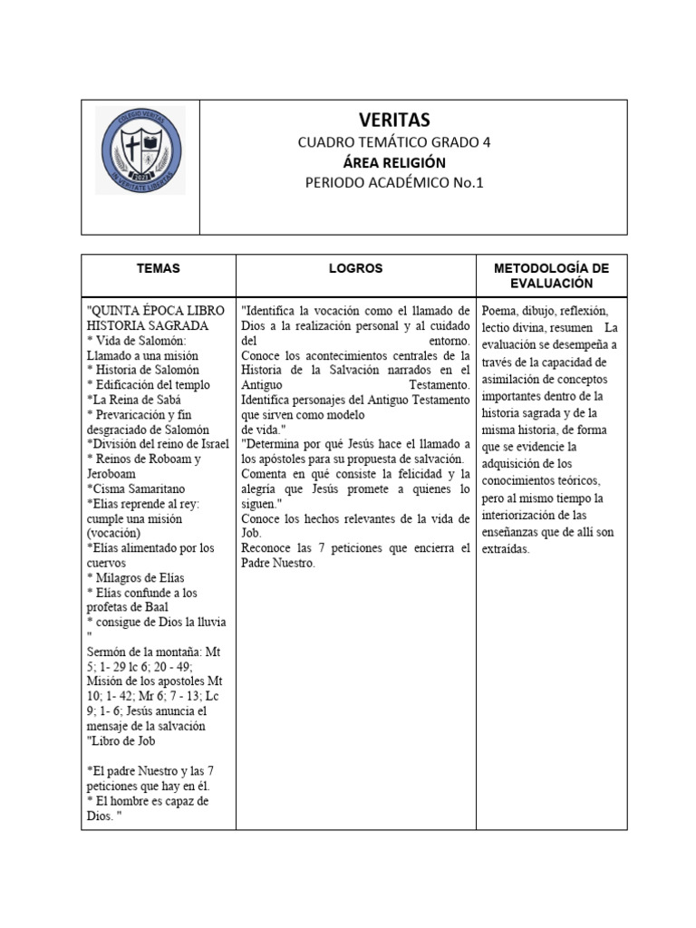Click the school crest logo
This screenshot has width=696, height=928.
point(140,150)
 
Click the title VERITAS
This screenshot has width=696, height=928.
point(395,121)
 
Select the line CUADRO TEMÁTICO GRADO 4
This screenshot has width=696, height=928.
point(394,142)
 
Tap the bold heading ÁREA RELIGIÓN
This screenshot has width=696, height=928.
point(394,162)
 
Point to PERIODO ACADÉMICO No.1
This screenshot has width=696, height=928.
point(394,183)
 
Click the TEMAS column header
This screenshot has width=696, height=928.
point(159,269)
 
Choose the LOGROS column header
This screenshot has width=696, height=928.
point(355,269)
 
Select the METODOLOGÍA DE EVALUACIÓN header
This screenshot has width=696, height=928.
point(551,276)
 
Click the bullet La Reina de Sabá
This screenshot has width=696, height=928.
point(134,400)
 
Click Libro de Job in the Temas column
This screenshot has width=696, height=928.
point(123,741)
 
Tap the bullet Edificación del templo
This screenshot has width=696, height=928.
point(149,384)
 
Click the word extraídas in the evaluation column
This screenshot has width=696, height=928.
point(512,549)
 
